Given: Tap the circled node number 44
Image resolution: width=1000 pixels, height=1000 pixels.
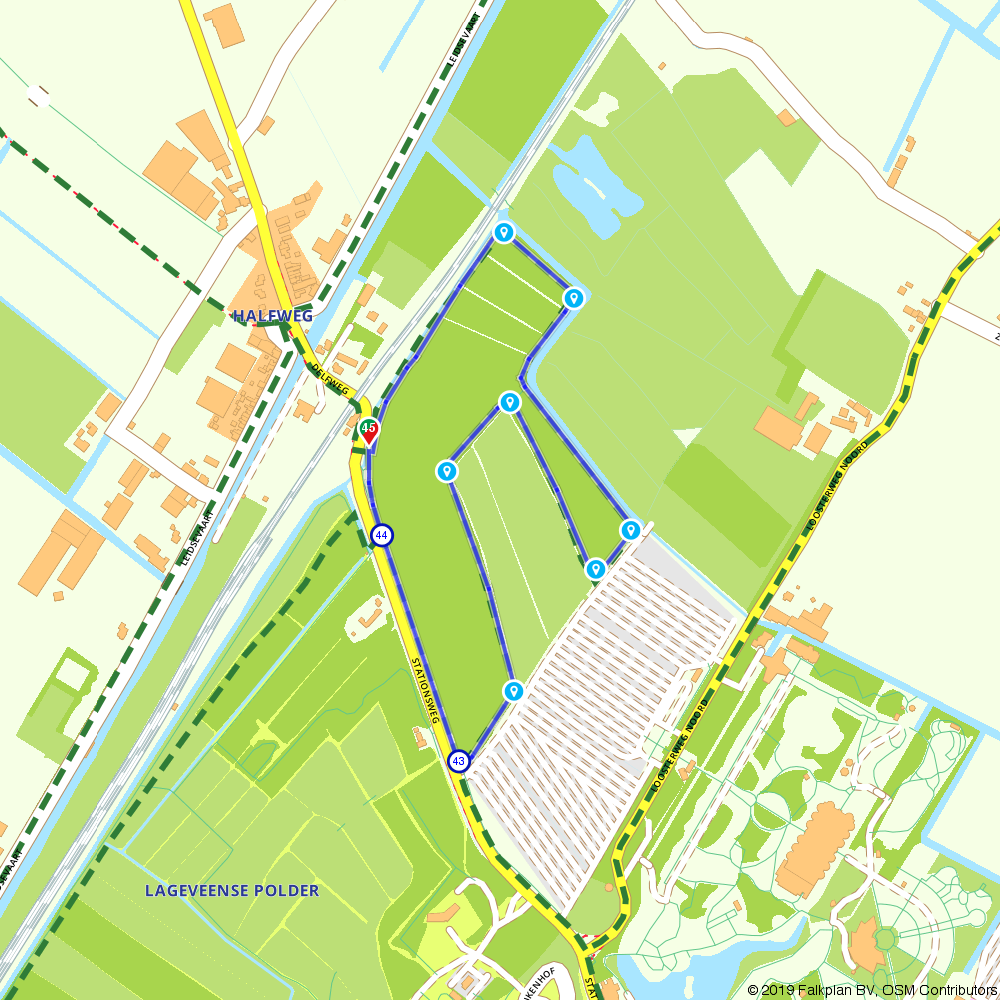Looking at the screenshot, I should point(381,535).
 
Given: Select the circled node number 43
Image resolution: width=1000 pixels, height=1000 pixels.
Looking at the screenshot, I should point(458,761).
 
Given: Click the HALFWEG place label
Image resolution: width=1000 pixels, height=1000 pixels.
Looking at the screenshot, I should point(273,316).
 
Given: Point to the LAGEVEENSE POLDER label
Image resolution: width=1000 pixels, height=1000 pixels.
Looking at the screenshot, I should point(232,890).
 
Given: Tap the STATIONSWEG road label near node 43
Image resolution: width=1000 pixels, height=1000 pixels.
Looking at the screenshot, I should point(426,690).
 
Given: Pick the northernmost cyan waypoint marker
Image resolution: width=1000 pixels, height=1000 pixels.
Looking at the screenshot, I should point(504,233).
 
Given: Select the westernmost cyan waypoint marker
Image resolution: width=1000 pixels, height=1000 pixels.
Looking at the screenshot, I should point(447,471).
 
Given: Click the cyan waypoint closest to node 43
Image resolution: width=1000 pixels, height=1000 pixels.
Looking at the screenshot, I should point(513,690).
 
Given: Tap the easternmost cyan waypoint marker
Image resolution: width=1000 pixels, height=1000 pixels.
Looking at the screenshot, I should point(630,529).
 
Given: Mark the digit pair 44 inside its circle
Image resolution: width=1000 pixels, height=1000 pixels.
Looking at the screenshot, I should point(381,535).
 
